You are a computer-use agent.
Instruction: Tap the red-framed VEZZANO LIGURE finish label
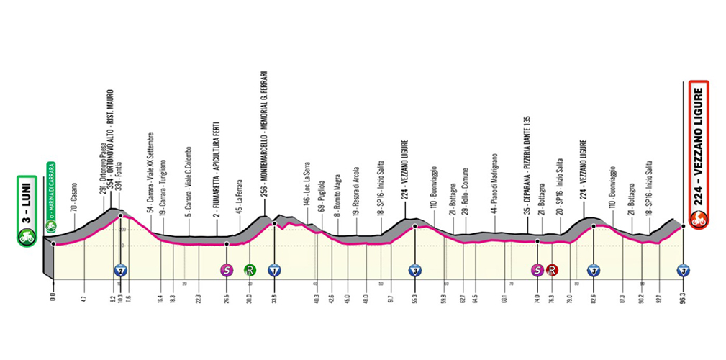coord(697,154)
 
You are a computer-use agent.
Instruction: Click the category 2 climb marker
coord(121,271)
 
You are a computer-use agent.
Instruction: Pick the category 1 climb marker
coord(274,271)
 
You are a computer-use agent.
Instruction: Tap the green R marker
coord(250,271)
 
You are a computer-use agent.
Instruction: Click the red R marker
coord(552,271)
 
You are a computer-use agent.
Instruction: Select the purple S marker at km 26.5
coord(227,271)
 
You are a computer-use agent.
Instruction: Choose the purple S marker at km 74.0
coord(537,271)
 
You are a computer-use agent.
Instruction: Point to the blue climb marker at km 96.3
coord(683,271)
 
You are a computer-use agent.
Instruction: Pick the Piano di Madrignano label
coord(495,184)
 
